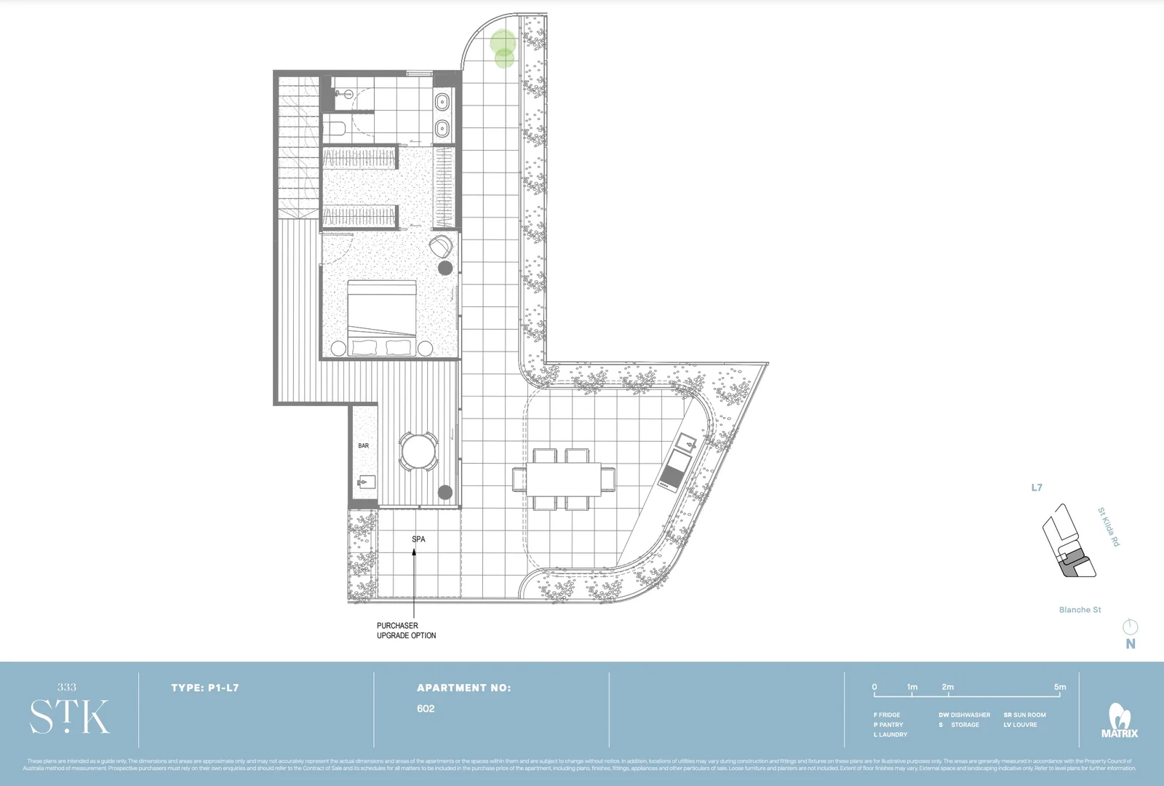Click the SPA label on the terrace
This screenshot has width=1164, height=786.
tap(418, 539)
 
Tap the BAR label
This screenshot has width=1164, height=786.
tap(363, 445)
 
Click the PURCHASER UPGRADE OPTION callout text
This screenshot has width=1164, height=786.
tap(406, 630)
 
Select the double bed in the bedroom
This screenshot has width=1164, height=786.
tap(382, 318)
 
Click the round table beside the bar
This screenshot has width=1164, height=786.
tap(418, 451)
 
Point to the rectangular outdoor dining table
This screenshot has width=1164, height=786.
tap(564, 480)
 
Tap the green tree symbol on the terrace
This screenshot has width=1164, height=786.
tap(503, 48)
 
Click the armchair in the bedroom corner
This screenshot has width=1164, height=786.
tap(440, 247)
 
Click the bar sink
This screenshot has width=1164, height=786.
tap(366, 482)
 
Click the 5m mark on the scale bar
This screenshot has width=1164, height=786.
tap(1059, 687)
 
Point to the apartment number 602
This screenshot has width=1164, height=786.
tap(426, 709)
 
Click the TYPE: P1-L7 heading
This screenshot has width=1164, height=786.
tap(204, 688)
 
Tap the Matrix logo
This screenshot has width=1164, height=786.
tap(1119, 720)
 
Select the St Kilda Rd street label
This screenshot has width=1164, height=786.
tap(1108, 527)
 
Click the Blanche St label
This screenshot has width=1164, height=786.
tap(1080, 610)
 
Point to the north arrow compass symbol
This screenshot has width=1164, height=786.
tap(1130, 627)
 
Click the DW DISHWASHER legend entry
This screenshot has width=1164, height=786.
tap(964, 715)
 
